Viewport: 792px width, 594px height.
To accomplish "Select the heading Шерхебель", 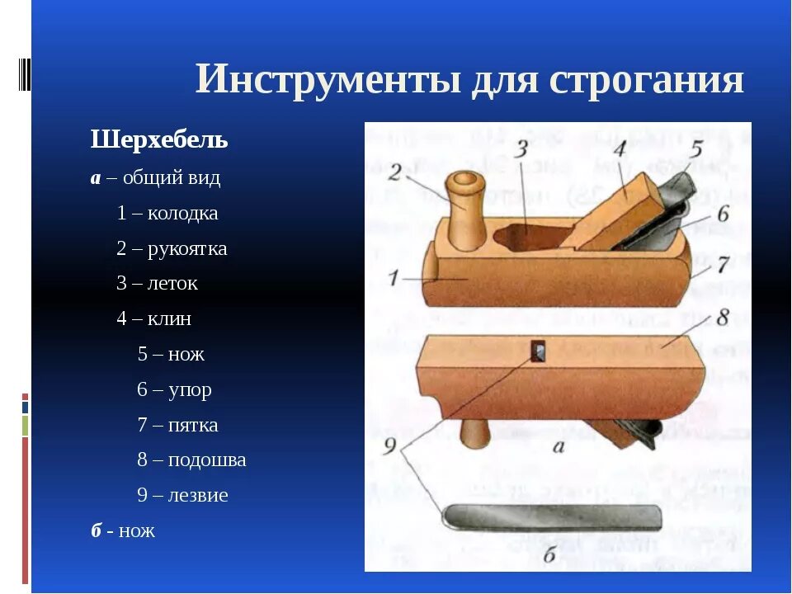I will [x=158, y=140].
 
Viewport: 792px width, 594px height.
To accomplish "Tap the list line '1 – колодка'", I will [x=167, y=213].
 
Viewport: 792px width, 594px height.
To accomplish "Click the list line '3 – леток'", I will [x=157, y=284].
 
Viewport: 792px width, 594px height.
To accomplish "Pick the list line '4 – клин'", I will [x=153, y=318].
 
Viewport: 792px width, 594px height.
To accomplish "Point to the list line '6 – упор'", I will [x=174, y=389].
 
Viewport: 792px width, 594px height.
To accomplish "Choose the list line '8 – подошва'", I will [x=191, y=460].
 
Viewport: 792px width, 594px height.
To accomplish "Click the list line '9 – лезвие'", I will [x=182, y=496].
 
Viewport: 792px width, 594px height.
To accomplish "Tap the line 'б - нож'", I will [x=123, y=531].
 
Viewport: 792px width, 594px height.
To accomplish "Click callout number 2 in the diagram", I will [x=396, y=171].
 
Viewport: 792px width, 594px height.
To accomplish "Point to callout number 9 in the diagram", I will [x=392, y=447].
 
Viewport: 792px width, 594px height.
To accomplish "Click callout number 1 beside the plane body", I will [x=395, y=278].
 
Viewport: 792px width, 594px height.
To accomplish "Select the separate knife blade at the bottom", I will [x=553, y=517].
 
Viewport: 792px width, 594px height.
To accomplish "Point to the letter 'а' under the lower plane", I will [x=558, y=447].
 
